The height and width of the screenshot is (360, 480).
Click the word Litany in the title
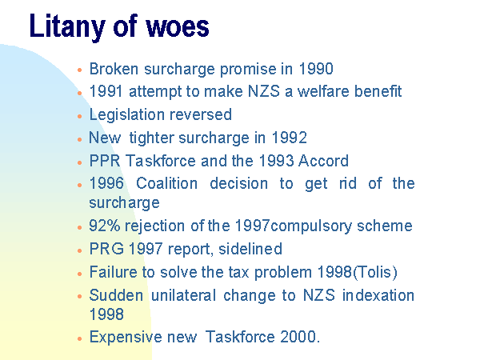(67, 26)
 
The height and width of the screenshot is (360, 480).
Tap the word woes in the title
(178, 26)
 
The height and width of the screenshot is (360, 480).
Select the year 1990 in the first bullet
(316, 69)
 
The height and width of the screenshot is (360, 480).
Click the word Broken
(114, 69)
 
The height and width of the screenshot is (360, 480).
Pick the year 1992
(290, 138)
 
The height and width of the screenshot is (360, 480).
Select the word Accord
(323, 161)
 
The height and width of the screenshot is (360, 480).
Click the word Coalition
(167, 184)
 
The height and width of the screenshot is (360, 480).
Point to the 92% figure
(105, 226)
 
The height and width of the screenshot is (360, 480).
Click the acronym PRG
(106, 249)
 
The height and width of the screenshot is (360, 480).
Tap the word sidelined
(250, 249)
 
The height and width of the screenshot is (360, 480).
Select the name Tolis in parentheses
(375, 272)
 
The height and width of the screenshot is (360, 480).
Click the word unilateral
(184, 295)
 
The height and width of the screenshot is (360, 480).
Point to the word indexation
(378, 295)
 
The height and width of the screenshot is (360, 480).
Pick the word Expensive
(126, 338)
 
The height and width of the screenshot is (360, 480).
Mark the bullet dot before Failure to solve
(80, 274)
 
